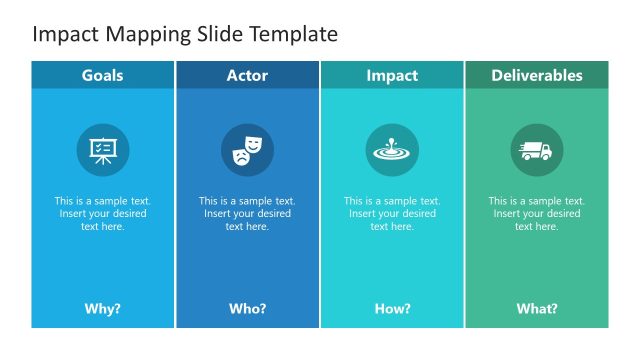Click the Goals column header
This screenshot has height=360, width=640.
click(102, 76)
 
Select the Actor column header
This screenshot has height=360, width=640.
click(247, 76)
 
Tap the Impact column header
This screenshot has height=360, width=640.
click(392, 76)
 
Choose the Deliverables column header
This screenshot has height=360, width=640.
click(537, 76)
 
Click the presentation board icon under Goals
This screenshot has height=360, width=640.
click(102, 150)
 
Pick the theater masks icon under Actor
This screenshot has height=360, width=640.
click(247, 150)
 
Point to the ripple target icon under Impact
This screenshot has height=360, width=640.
click(392, 150)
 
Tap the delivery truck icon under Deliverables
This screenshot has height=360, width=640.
click(537, 150)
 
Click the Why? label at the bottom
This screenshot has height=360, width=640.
click(102, 309)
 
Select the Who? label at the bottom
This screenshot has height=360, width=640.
click(247, 309)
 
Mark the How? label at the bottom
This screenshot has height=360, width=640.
click(392, 309)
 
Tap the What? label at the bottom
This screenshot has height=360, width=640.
click(537, 309)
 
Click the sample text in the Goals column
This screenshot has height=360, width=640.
click(102, 213)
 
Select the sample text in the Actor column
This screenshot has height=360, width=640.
click(247, 213)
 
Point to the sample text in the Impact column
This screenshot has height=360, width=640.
click(392, 213)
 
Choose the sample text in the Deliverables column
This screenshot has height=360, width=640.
click(537, 213)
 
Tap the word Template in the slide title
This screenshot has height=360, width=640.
click(290, 34)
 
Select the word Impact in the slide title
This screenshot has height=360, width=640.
click(63, 35)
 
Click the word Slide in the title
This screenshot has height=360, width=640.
click(216, 34)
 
